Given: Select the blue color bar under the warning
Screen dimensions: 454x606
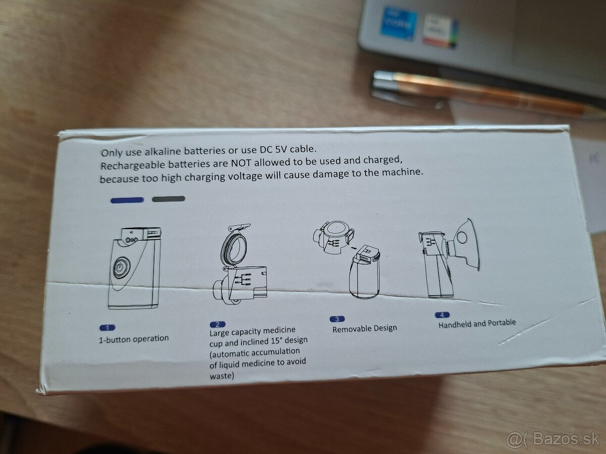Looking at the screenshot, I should [127, 200].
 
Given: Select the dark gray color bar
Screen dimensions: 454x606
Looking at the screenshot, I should [169, 199].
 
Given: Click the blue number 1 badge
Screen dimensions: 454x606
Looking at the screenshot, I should [107, 327].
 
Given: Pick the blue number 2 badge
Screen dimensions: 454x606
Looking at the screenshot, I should [217, 324].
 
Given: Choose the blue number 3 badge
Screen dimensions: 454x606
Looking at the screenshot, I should [336, 319].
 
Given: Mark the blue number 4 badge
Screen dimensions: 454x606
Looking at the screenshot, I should [441, 315].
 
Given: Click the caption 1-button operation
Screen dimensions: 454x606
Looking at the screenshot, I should [134, 339].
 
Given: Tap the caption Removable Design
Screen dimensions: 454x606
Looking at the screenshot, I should [365, 328].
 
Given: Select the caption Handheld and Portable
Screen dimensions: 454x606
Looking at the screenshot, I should [477, 323].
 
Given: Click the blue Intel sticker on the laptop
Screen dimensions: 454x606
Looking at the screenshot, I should [398, 23].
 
